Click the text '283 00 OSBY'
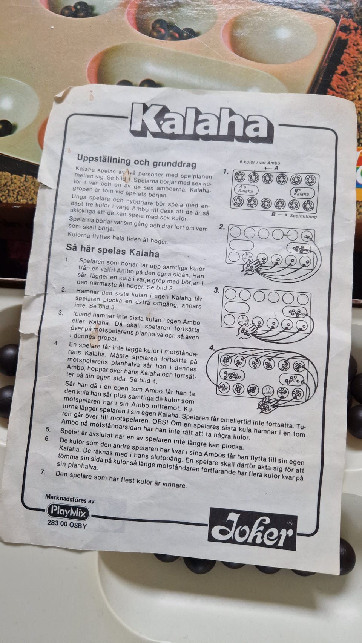(67, 525)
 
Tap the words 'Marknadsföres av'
(69, 498)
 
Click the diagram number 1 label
(225, 172)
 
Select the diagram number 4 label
(212, 348)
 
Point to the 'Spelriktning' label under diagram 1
(303, 216)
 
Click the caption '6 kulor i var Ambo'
(260, 163)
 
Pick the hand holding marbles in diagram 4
(268, 404)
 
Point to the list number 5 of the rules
(48, 430)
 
